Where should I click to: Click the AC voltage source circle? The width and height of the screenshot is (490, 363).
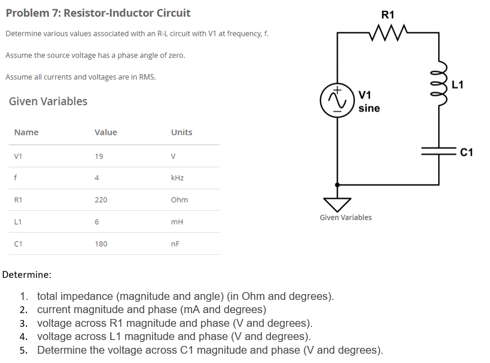pos(337,99)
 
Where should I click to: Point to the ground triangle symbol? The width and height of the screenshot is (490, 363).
pos(337,204)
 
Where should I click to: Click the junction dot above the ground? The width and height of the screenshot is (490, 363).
pos(337,184)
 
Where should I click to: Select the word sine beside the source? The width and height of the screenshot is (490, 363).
pos(369,108)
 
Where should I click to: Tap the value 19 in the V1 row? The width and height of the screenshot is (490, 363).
pos(99,157)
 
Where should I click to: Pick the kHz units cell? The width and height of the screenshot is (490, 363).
pos(177,178)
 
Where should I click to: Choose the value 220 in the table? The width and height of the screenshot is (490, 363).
pos(101,200)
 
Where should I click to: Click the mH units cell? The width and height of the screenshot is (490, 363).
pos(177,222)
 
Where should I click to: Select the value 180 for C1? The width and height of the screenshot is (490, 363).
pos(101,244)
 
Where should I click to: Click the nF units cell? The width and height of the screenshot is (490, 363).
pos(175,244)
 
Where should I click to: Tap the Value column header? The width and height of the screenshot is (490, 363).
pos(106,132)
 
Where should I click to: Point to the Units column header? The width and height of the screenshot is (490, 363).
pos(181,132)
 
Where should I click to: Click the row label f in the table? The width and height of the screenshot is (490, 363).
pos(17,178)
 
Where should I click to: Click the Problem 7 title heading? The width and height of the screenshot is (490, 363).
pos(98,13)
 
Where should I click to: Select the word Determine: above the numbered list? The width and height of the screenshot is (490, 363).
pos(27,274)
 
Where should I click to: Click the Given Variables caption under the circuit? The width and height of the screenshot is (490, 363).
pos(345,217)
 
